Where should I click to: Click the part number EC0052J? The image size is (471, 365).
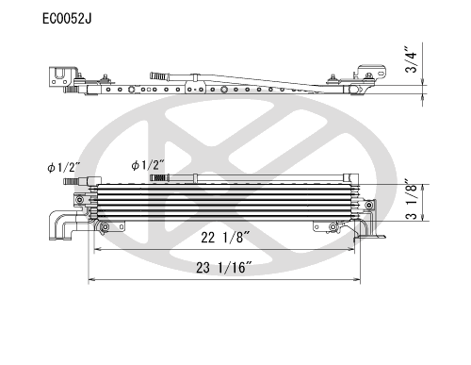pyautogui.click(x=67, y=19)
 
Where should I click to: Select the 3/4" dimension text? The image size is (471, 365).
pyautogui.click(x=411, y=60)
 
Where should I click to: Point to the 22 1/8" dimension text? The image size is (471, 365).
pyautogui.click(x=225, y=238)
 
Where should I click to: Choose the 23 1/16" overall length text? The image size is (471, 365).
pyautogui.click(x=224, y=268)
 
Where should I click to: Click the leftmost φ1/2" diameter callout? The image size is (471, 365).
pyautogui.click(x=64, y=167)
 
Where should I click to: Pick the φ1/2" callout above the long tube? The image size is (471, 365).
pyautogui.click(x=148, y=165)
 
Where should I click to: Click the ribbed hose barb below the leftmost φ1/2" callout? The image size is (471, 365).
pyautogui.click(x=72, y=181)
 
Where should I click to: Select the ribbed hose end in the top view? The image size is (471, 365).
pyautogui.click(x=160, y=76)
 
